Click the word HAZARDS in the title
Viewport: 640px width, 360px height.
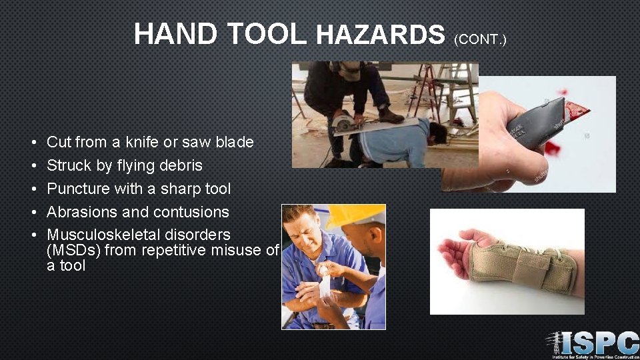380,35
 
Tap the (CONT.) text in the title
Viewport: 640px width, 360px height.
480,40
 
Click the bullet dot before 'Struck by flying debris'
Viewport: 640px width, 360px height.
33,166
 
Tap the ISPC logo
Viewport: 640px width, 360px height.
592,345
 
